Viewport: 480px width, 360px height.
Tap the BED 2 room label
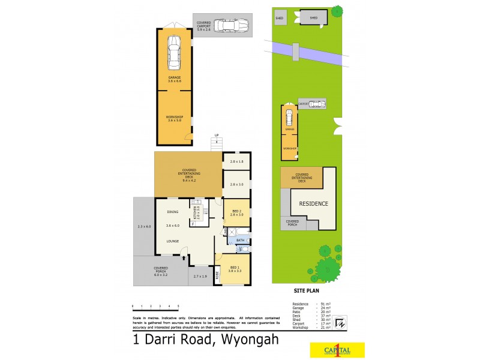tap(236, 211)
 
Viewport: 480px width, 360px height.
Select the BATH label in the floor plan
tap(239, 241)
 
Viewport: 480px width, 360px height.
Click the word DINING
tap(173, 212)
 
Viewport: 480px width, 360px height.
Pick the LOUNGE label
tap(173, 241)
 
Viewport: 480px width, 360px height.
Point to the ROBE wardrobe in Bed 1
tap(218, 277)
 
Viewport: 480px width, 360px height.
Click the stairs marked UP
tap(217, 143)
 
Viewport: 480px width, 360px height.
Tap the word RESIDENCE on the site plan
tap(314, 203)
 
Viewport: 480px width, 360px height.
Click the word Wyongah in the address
tap(247, 340)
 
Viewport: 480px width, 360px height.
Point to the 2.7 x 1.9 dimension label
tap(200, 276)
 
